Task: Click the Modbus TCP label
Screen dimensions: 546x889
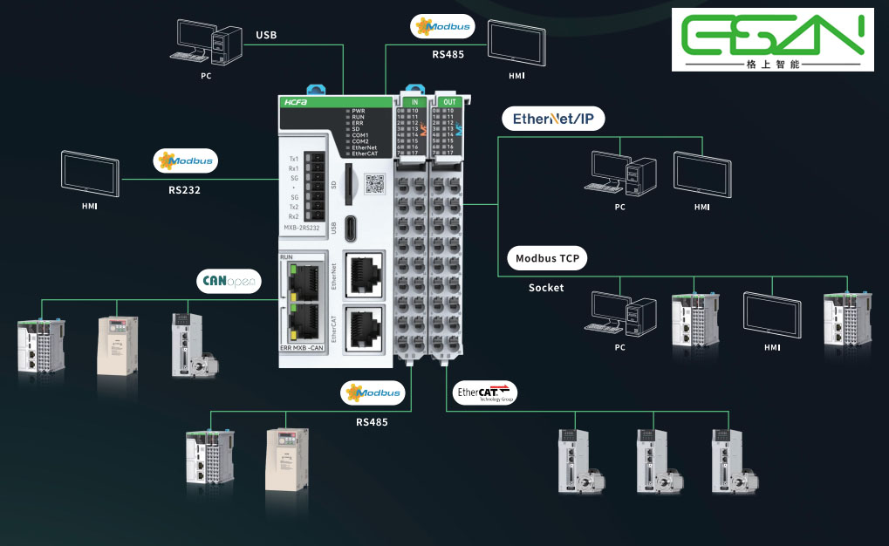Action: (x=547, y=258)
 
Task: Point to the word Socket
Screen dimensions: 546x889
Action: (x=546, y=287)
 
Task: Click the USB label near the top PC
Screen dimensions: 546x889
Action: (x=266, y=36)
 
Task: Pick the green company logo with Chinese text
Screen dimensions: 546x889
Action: (x=772, y=40)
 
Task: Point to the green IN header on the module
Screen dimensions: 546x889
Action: (x=414, y=102)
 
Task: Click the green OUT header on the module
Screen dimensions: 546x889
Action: (x=449, y=102)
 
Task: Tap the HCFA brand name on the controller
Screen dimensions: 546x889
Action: (x=291, y=102)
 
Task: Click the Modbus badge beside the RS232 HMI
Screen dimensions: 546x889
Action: (x=185, y=161)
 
